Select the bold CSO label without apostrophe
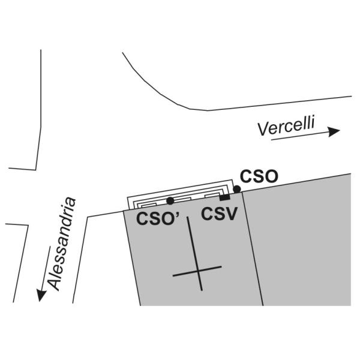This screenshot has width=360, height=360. (x=259, y=176)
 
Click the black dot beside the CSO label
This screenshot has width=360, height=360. (x=237, y=189)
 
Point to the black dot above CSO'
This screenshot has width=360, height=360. (x=170, y=200)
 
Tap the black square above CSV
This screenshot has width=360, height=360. (x=224, y=197)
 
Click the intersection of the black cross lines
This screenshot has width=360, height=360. (x=197, y=272)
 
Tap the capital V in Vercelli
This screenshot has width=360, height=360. (x=263, y=128)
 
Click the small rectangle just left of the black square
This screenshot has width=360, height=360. (x=212, y=196)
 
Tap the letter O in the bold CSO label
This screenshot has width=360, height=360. (x=270, y=176)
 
